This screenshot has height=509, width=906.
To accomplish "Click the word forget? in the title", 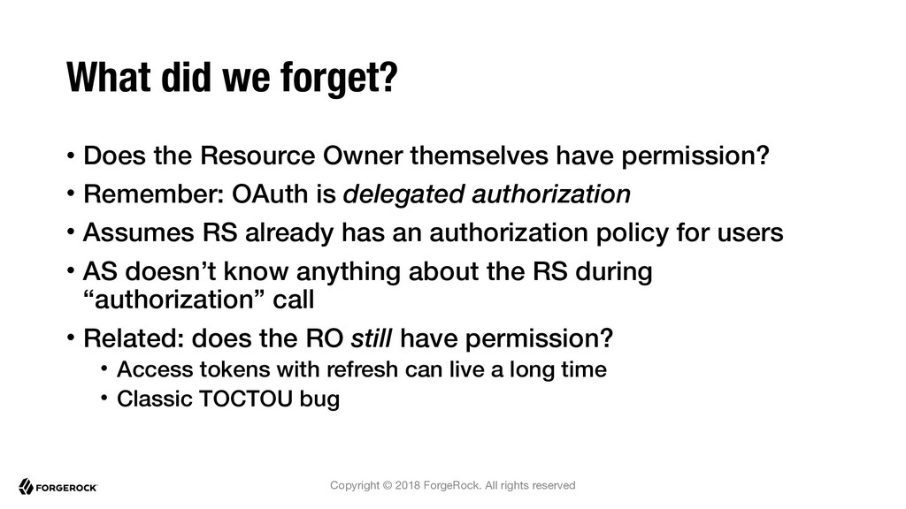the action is pyautogui.click(x=339, y=78).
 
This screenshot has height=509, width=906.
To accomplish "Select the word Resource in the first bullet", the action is pyautogui.click(x=257, y=156).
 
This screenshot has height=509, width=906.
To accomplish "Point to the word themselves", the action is pyautogui.click(x=479, y=156).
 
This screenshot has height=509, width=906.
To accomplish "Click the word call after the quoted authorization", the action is pyautogui.click(x=294, y=300).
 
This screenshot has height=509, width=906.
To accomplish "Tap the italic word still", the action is pyautogui.click(x=372, y=338).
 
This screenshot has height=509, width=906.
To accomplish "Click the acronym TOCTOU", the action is pyautogui.click(x=246, y=399).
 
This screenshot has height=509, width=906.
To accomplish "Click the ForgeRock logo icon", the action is pyautogui.click(x=26, y=487).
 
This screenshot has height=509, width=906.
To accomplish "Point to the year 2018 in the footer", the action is pyautogui.click(x=407, y=485).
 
